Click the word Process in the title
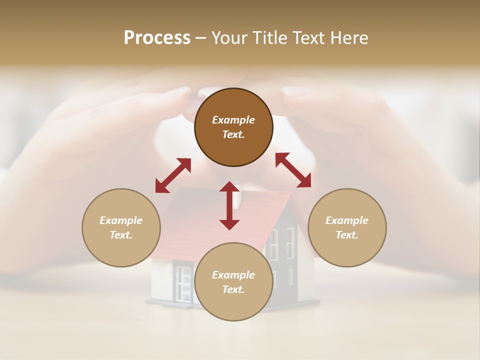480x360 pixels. (157, 38)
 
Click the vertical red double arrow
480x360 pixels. (229, 205)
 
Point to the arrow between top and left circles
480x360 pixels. (173, 175)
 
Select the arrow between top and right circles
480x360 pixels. (293, 170)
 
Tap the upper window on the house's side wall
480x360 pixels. (289, 243)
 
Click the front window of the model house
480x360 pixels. (183, 282)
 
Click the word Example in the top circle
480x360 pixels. (233, 120)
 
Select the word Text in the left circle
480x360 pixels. (121, 235)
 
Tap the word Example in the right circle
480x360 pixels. (347, 220)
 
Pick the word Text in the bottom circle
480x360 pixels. (233, 289)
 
